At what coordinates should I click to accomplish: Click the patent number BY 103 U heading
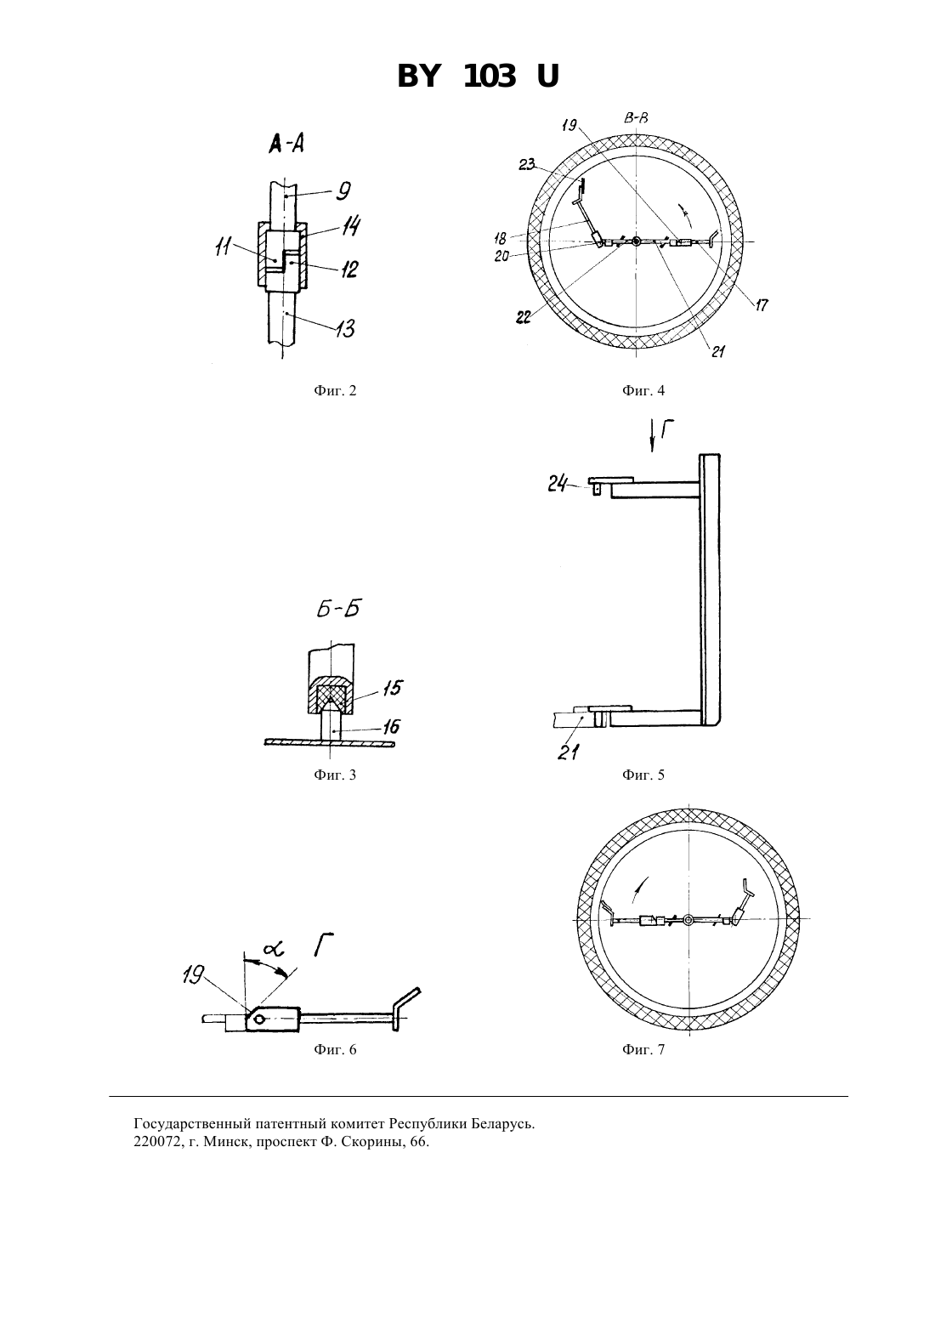[x=478, y=77]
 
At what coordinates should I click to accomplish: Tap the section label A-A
[x=287, y=143]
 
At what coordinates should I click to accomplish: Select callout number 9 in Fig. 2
[x=343, y=190]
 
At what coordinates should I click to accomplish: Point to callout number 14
[x=352, y=226]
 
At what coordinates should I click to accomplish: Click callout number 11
[x=223, y=247]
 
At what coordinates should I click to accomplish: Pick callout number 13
[x=345, y=328]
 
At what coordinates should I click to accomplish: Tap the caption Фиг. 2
[x=335, y=390]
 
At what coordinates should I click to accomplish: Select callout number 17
[x=762, y=304]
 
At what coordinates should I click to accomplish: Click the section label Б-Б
[x=337, y=608]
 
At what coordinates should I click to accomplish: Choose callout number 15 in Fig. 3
[x=393, y=688]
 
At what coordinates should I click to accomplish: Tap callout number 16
[x=391, y=726]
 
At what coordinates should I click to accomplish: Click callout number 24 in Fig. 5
[x=558, y=485]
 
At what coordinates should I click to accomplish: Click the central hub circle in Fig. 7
[x=688, y=920]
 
